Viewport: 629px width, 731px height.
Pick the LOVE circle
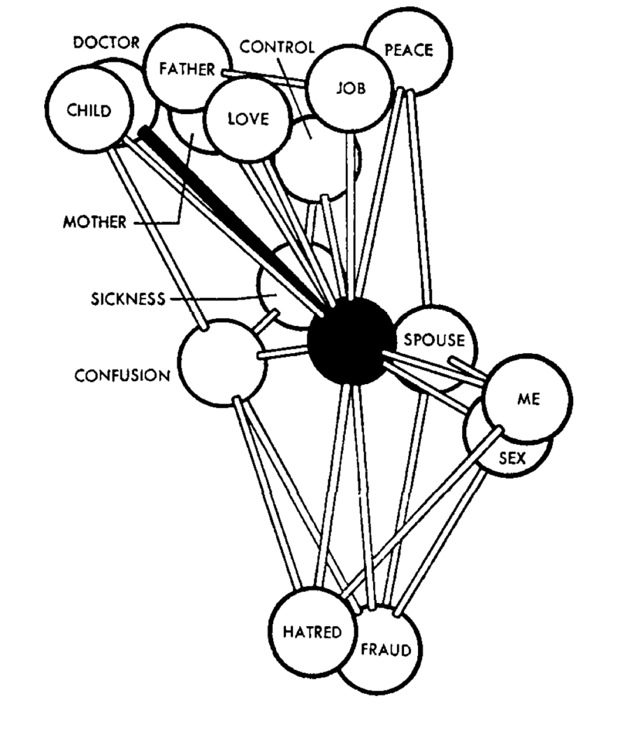point(247,119)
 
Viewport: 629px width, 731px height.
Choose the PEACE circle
point(409,50)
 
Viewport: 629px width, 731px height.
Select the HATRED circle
point(312,632)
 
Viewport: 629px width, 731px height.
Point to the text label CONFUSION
point(122,376)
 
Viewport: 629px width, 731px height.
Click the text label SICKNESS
point(128,299)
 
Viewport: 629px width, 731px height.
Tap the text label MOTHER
point(94,222)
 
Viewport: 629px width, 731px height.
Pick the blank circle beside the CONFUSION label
point(220,362)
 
